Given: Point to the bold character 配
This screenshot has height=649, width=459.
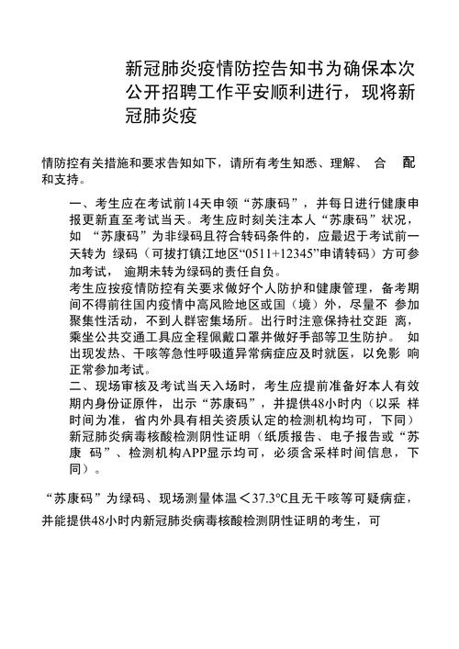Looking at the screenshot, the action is [x=408, y=162].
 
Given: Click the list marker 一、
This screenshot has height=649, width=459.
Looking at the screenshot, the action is [x=81, y=203].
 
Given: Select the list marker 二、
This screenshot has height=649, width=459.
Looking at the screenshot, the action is [x=81, y=386].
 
